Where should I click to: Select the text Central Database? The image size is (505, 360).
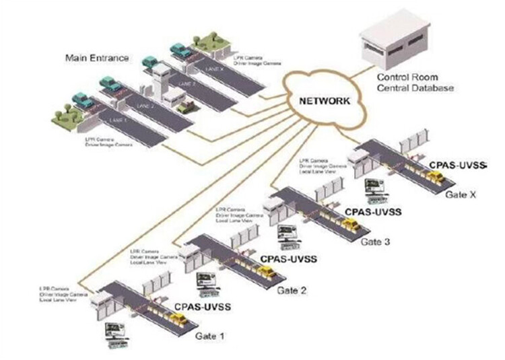pyautogui.click(x=415, y=88)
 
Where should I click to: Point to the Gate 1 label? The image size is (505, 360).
pyautogui.click(x=210, y=334)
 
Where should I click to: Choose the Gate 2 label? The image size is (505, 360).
pyautogui.click(x=294, y=291)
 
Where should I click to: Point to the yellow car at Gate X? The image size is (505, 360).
pyautogui.click(x=436, y=177)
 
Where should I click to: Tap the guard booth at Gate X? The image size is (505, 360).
pyautogui.click(x=356, y=157)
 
